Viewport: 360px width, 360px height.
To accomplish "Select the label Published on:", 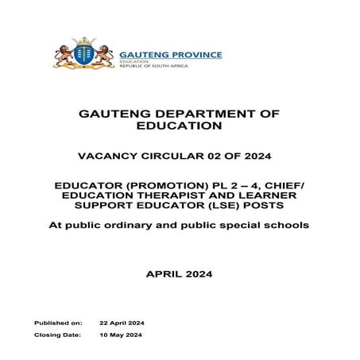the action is tap(58, 323).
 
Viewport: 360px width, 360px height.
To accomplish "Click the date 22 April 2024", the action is tap(122, 323).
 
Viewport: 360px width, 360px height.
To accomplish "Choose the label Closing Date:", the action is tap(57, 336).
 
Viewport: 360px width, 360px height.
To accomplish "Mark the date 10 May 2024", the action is tap(120, 336).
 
